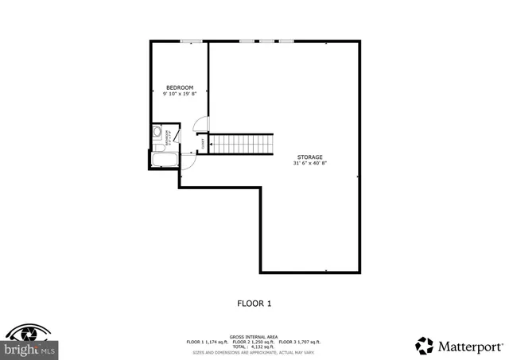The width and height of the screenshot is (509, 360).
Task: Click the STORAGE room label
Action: (x=310, y=157)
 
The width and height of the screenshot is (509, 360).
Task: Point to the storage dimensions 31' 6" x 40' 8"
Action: (x=310, y=163)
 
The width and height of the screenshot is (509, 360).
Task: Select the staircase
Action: (x=242, y=145)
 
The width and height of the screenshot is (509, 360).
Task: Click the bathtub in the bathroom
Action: (x=164, y=161)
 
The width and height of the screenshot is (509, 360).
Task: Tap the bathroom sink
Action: (x=157, y=132)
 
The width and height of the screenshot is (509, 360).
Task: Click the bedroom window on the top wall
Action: (x=190, y=41)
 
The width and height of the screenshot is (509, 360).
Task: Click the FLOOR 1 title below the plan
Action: (x=254, y=303)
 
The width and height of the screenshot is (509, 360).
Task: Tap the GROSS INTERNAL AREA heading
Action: (x=254, y=336)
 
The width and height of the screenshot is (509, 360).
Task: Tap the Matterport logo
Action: (x=459, y=346)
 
